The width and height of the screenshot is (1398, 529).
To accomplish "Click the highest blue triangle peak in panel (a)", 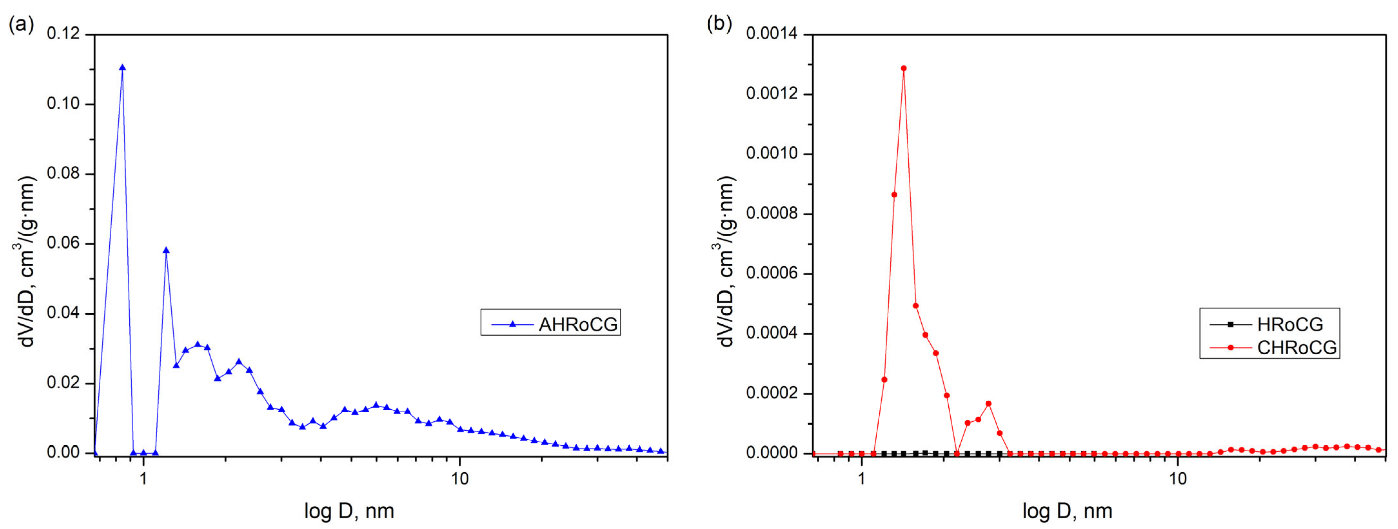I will [122, 68].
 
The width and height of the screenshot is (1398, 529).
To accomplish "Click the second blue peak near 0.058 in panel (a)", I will [166, 250].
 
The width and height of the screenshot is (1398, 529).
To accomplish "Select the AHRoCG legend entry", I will [550, 324].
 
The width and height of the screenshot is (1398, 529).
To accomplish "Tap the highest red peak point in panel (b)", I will [904, 68].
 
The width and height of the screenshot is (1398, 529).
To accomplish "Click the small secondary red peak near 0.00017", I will [988, 404].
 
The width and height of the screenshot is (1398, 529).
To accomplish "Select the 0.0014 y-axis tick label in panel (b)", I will [772, 34].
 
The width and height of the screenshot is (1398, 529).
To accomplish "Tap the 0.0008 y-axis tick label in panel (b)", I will [772, 213].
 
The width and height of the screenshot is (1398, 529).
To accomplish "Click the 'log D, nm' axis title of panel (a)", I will [349, 511].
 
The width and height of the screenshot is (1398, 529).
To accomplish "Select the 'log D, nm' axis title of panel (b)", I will [1067, 511].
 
